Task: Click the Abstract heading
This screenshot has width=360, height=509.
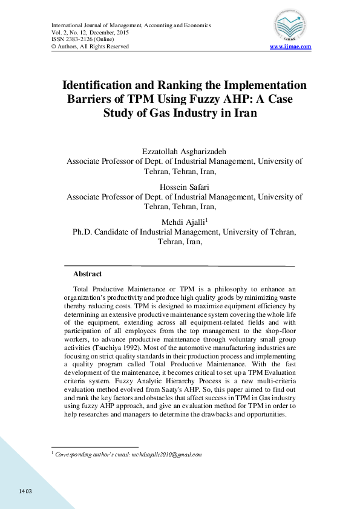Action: [x=87, y=274]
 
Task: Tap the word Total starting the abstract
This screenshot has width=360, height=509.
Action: [x=83, y=289]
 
